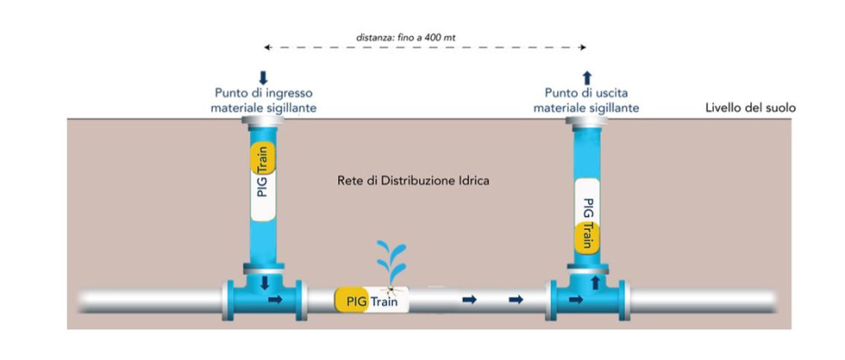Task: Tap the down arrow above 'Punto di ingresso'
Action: click(264, 78)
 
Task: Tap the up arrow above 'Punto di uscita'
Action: click(588, 78)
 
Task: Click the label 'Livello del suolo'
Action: click(750, 109)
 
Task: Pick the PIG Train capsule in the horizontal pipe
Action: click(373, 298)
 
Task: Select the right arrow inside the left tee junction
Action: click(275, 299)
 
